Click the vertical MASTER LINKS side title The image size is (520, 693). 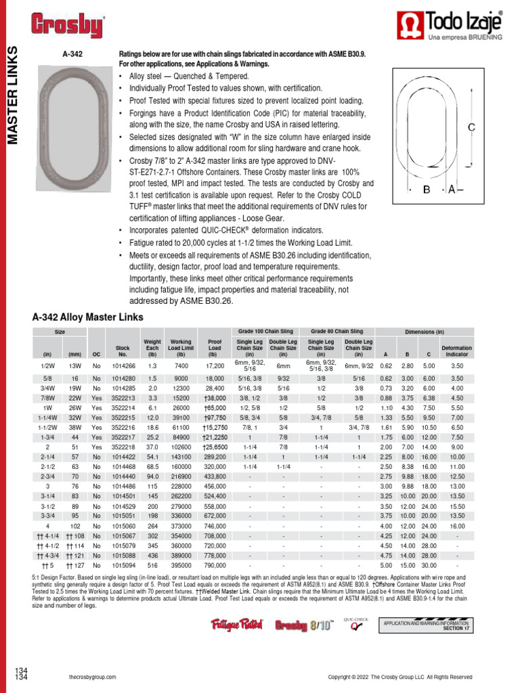pos(12,95)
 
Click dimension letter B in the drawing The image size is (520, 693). pos(427,190)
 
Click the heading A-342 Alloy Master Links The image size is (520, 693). pos(88,317)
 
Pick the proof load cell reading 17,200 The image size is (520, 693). pos(215,365)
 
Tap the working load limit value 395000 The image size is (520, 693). pos(181,565)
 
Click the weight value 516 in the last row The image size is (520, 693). pos(152,565)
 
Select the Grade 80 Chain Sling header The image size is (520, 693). pos(337,332)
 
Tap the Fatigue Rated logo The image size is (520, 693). pos(237,625)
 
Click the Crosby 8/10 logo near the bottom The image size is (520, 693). pos(304,625)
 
